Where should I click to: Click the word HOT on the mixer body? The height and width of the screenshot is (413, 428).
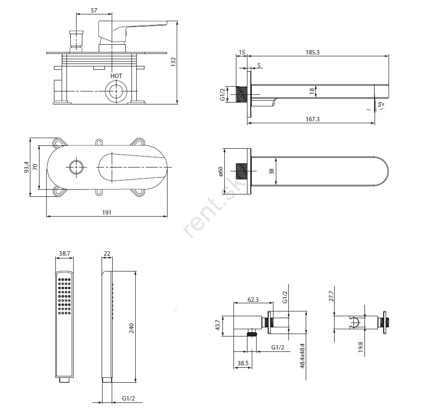click(116, 76)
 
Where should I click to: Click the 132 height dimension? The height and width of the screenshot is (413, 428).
click(174, 62)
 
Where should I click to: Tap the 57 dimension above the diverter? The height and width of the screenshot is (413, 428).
click(94, 11)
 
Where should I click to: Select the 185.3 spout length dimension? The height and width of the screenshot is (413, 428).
click(312, 52)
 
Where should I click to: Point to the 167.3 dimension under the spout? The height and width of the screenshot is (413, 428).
click(312, 119)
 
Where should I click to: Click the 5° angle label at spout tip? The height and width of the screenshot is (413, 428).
click(382, 104)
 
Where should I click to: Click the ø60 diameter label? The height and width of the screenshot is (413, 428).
click(220, 171)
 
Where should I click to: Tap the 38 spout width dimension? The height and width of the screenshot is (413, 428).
click(271, 171)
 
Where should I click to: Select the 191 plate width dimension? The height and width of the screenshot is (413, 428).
click(107, 213)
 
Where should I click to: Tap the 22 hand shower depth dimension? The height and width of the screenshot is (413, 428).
click(107, 253)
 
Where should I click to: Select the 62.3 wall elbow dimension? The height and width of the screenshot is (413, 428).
click(253, 299)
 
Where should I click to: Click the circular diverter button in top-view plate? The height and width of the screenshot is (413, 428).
click(76, 168)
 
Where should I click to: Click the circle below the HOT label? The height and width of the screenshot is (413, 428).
click(116, 90)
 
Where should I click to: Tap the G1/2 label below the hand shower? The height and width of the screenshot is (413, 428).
click(128, 399)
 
